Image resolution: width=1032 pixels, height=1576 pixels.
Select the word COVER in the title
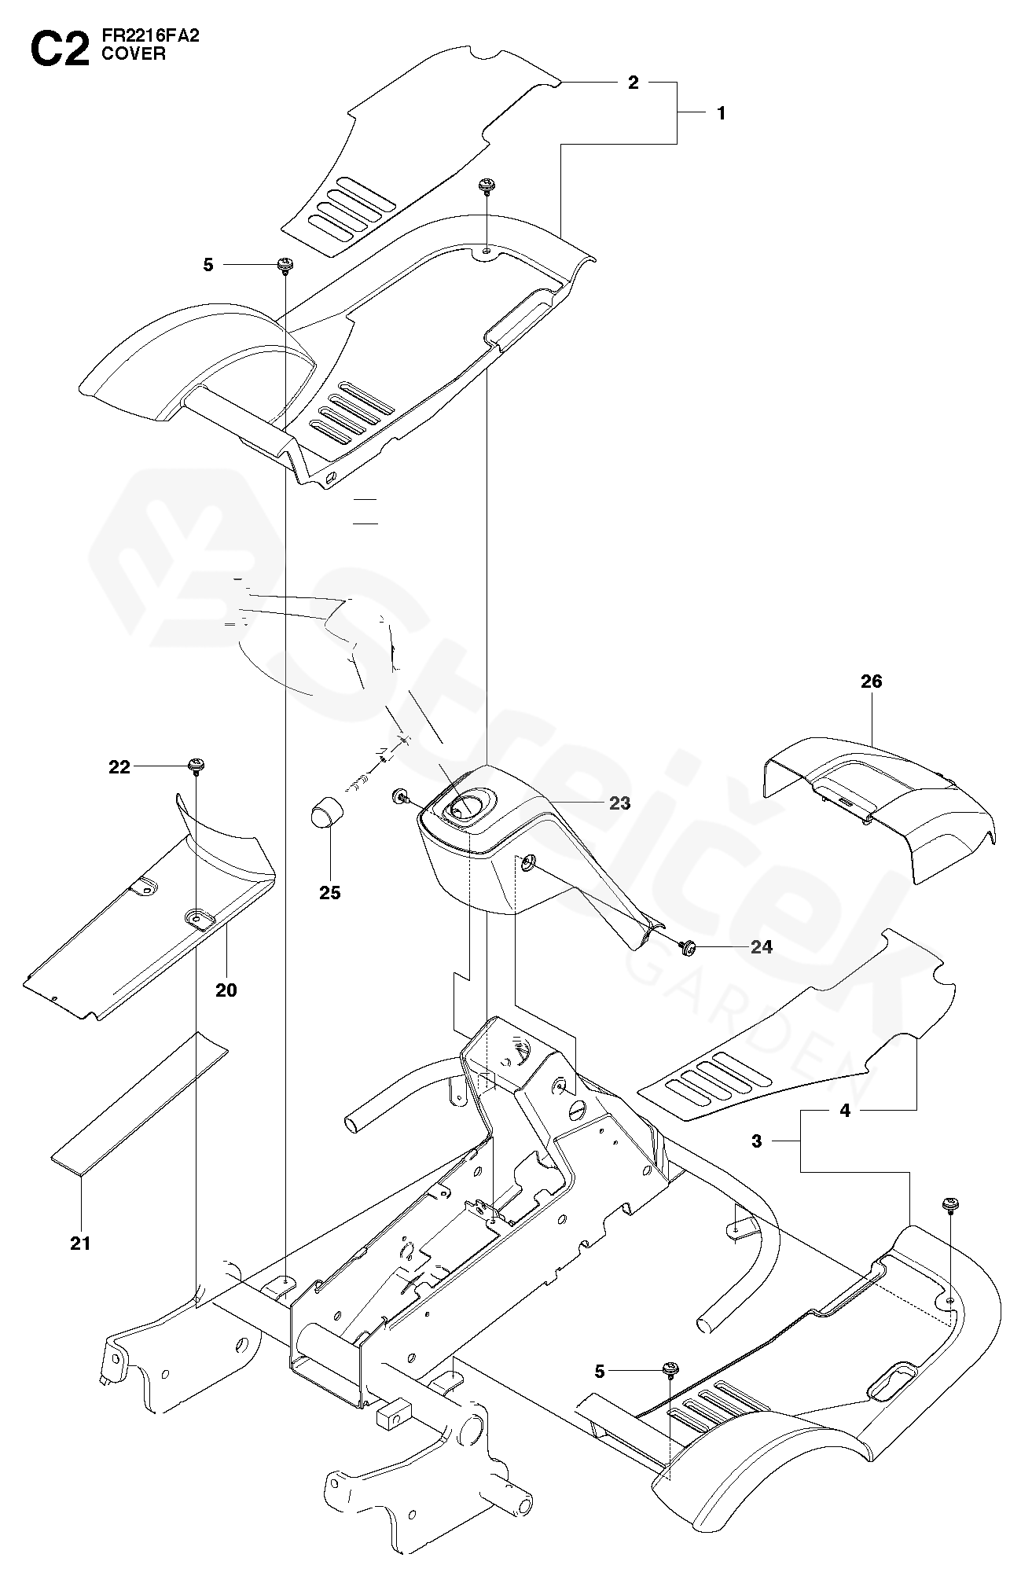134,56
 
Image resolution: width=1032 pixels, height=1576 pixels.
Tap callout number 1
721,113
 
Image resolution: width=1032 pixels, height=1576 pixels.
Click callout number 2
634,83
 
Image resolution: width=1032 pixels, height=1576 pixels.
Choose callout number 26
872,681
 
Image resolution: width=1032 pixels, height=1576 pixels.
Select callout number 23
619,803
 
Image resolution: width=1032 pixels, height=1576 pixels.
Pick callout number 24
761,947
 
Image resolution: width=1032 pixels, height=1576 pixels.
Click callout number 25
330,892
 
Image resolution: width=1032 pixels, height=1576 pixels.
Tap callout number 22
119,766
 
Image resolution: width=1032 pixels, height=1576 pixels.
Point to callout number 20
226,990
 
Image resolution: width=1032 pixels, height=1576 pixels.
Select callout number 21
80,1243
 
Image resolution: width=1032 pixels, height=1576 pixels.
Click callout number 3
757,1141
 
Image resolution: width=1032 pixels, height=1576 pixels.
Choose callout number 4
845,1111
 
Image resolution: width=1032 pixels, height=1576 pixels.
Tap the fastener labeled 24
689,947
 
